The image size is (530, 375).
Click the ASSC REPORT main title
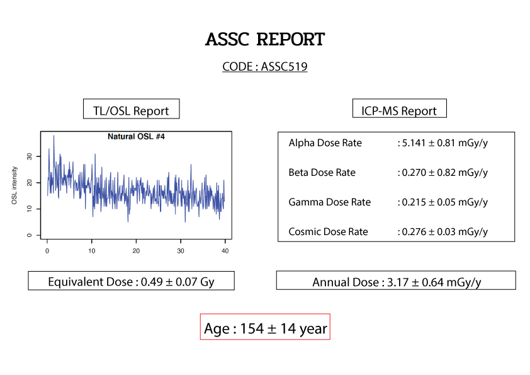[x=265, y=40]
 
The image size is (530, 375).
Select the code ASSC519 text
[x=265, y=66]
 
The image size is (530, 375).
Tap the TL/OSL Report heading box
[x=131, y=110]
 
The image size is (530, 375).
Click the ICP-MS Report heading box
[x=399, y=110]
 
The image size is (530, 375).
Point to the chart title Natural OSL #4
[x=136, y=136]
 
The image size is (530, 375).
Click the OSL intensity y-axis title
[x=14, y=185]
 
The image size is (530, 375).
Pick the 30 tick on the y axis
[x=29, y=156]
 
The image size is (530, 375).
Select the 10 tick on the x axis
[x=92, y=251]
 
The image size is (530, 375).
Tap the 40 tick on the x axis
[x=225, y=251]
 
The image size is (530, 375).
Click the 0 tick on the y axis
[x=29, y=235]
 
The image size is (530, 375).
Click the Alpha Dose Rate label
[x=325, y=143]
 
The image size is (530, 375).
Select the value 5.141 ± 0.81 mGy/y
[x=443, y=143]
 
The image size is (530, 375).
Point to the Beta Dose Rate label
[x=322, y=173]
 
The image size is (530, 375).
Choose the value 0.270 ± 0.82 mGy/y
[x=443, y=173]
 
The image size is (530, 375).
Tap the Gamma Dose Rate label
[x=330, y=202]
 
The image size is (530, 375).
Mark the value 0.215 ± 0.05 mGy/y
[x=443, y=202]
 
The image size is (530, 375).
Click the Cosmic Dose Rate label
[x=329, y=232]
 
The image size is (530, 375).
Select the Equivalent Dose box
[x=131, y=281]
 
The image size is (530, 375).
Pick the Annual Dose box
[x=396, y=281]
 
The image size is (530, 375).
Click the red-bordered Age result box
[x=265, y=328]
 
